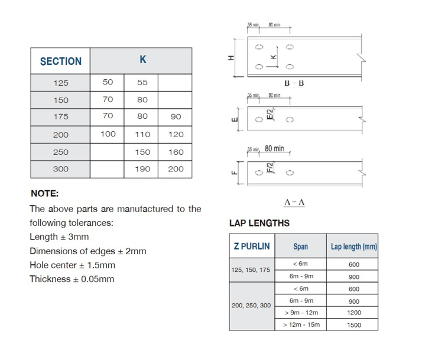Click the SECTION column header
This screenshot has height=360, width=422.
point(61,61)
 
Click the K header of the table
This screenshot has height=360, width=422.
point(142,60)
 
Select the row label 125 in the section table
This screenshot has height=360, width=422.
point(61,83)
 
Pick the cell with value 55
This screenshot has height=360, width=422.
point(142,83)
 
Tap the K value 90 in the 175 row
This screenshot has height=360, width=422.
point(176,117)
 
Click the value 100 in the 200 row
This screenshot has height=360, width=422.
point(108,134)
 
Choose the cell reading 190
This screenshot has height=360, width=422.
point(142,169)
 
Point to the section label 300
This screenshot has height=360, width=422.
point(61,169)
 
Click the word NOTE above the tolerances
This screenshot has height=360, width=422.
point(44,193)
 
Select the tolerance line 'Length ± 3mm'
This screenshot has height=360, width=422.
point(59,237)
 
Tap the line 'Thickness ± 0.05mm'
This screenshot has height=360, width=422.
point(72,279)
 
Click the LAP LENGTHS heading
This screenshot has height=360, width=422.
point(259,223)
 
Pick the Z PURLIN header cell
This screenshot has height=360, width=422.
point(252,247)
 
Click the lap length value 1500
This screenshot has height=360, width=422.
point(353,325)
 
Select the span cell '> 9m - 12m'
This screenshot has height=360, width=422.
point(301,313)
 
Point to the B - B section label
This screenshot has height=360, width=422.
point(294,83)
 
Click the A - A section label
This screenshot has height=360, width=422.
point(294,202)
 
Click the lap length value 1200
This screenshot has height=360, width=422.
point(353,313)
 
